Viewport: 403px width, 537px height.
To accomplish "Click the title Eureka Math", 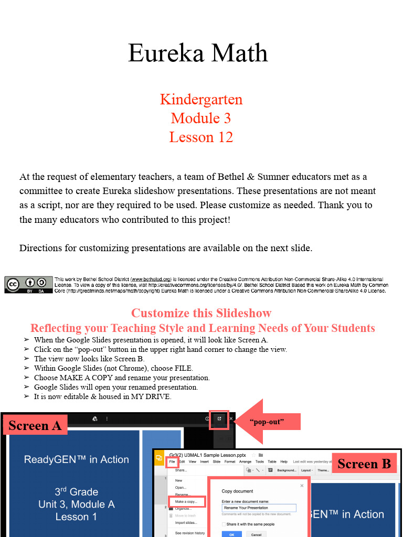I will (198, 53).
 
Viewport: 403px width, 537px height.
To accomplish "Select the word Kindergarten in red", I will (201, 99).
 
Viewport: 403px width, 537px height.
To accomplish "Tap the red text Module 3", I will (201, 118).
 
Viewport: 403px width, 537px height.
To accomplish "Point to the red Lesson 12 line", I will (201, 137).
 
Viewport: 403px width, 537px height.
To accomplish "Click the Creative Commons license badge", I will (28, 284).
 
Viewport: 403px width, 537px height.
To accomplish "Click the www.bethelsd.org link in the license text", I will (151, 280).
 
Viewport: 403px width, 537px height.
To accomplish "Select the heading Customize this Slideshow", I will (201, 313).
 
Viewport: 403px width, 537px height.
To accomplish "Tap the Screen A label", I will (35, 425).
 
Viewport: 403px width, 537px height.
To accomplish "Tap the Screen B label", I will (364, 464).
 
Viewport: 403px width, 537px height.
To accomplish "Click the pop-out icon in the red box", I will (219, 419).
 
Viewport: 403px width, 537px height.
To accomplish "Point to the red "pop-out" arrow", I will (268, 421).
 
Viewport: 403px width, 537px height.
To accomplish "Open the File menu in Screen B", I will (172, 461).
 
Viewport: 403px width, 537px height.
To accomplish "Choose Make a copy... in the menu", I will (186, 502).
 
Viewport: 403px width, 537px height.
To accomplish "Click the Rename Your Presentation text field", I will (259, 508).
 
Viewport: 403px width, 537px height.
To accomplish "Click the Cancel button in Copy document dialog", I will (256, 534).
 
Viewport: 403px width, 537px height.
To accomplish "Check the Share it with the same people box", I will (224, 524).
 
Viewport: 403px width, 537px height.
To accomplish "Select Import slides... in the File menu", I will (186, 522).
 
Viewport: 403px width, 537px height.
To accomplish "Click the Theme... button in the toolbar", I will (323, 470).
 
